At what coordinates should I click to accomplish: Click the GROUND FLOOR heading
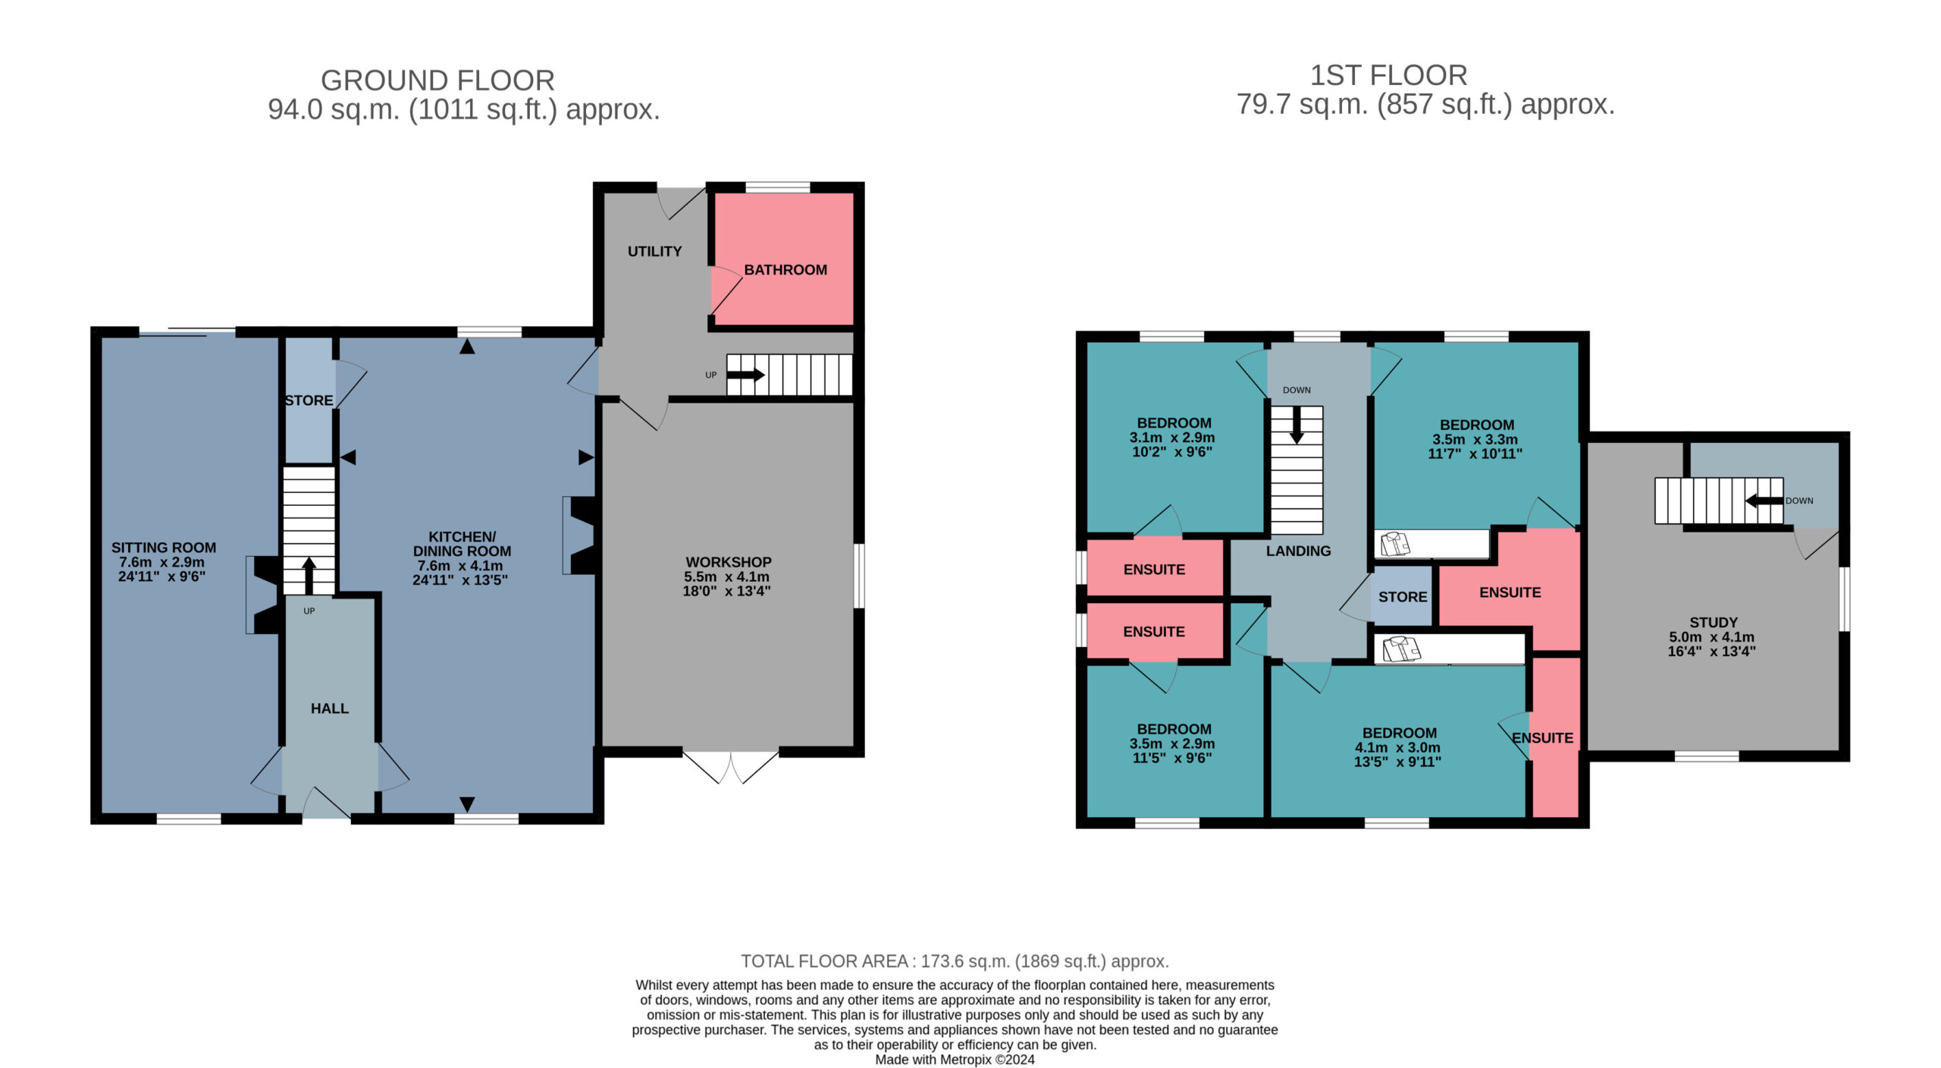coord(437,80)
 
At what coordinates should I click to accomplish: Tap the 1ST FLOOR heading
coord(1388,76)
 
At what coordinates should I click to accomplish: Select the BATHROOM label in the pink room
coord(785,270)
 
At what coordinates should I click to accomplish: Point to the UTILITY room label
coord(654,251)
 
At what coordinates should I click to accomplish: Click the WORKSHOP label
coord(729,562)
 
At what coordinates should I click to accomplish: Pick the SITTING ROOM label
coord(164,548)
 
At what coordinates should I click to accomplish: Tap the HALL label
coord(330,708)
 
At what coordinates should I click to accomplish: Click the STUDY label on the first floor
coord(1714,622)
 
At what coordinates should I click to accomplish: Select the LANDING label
coord(1298,551)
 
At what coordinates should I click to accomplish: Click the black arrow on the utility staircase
coord(746,375)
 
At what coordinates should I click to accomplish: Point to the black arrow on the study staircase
coord(1764,501)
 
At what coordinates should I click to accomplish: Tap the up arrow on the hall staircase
coord(309,576)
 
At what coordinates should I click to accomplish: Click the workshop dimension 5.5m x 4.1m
coord(726,576)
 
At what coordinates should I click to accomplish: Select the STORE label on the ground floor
coord(309,400)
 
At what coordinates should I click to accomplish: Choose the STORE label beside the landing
coord(1403,597)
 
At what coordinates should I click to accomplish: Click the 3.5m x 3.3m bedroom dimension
coord(1475,439)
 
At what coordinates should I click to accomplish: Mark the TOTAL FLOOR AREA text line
coord(955,961)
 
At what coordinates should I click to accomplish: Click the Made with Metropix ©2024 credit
coord(955,1060)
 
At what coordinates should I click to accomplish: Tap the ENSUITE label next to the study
coord(1542,738)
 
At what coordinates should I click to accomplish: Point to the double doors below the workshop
coord(731,767)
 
